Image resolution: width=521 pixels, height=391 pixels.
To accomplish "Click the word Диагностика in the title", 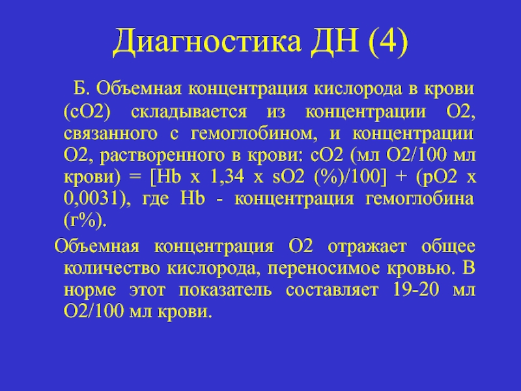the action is click(206, 42).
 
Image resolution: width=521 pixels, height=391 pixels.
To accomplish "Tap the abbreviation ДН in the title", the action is click(335, 40).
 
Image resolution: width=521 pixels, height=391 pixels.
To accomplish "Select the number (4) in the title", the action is click(388, 40).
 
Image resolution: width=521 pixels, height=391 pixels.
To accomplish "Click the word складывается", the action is click(189, 112).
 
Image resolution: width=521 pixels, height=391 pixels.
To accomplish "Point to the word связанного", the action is click(110, 134).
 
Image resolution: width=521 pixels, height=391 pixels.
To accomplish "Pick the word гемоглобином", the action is click(253, 134).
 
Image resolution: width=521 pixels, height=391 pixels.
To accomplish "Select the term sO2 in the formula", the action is click(288, 177).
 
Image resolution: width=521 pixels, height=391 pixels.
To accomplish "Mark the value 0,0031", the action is click(91, 199).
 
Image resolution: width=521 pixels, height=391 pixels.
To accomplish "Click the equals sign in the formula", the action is click(135, 177).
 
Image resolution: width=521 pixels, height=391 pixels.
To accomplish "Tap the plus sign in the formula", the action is click(402, 177).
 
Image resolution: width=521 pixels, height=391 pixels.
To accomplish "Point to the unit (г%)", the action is click(85, 220).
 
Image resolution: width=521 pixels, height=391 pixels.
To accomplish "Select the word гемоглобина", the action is click(419, 199).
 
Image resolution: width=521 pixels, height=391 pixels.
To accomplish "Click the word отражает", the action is click(367, 247).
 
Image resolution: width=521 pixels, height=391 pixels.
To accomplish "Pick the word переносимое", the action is click(324, 268).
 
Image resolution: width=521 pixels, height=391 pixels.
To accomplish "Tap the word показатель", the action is click(225, 290).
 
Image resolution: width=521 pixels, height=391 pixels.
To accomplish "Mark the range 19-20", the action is click(415, 289).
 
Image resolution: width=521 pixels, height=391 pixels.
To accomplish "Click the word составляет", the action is click(332, 290).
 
